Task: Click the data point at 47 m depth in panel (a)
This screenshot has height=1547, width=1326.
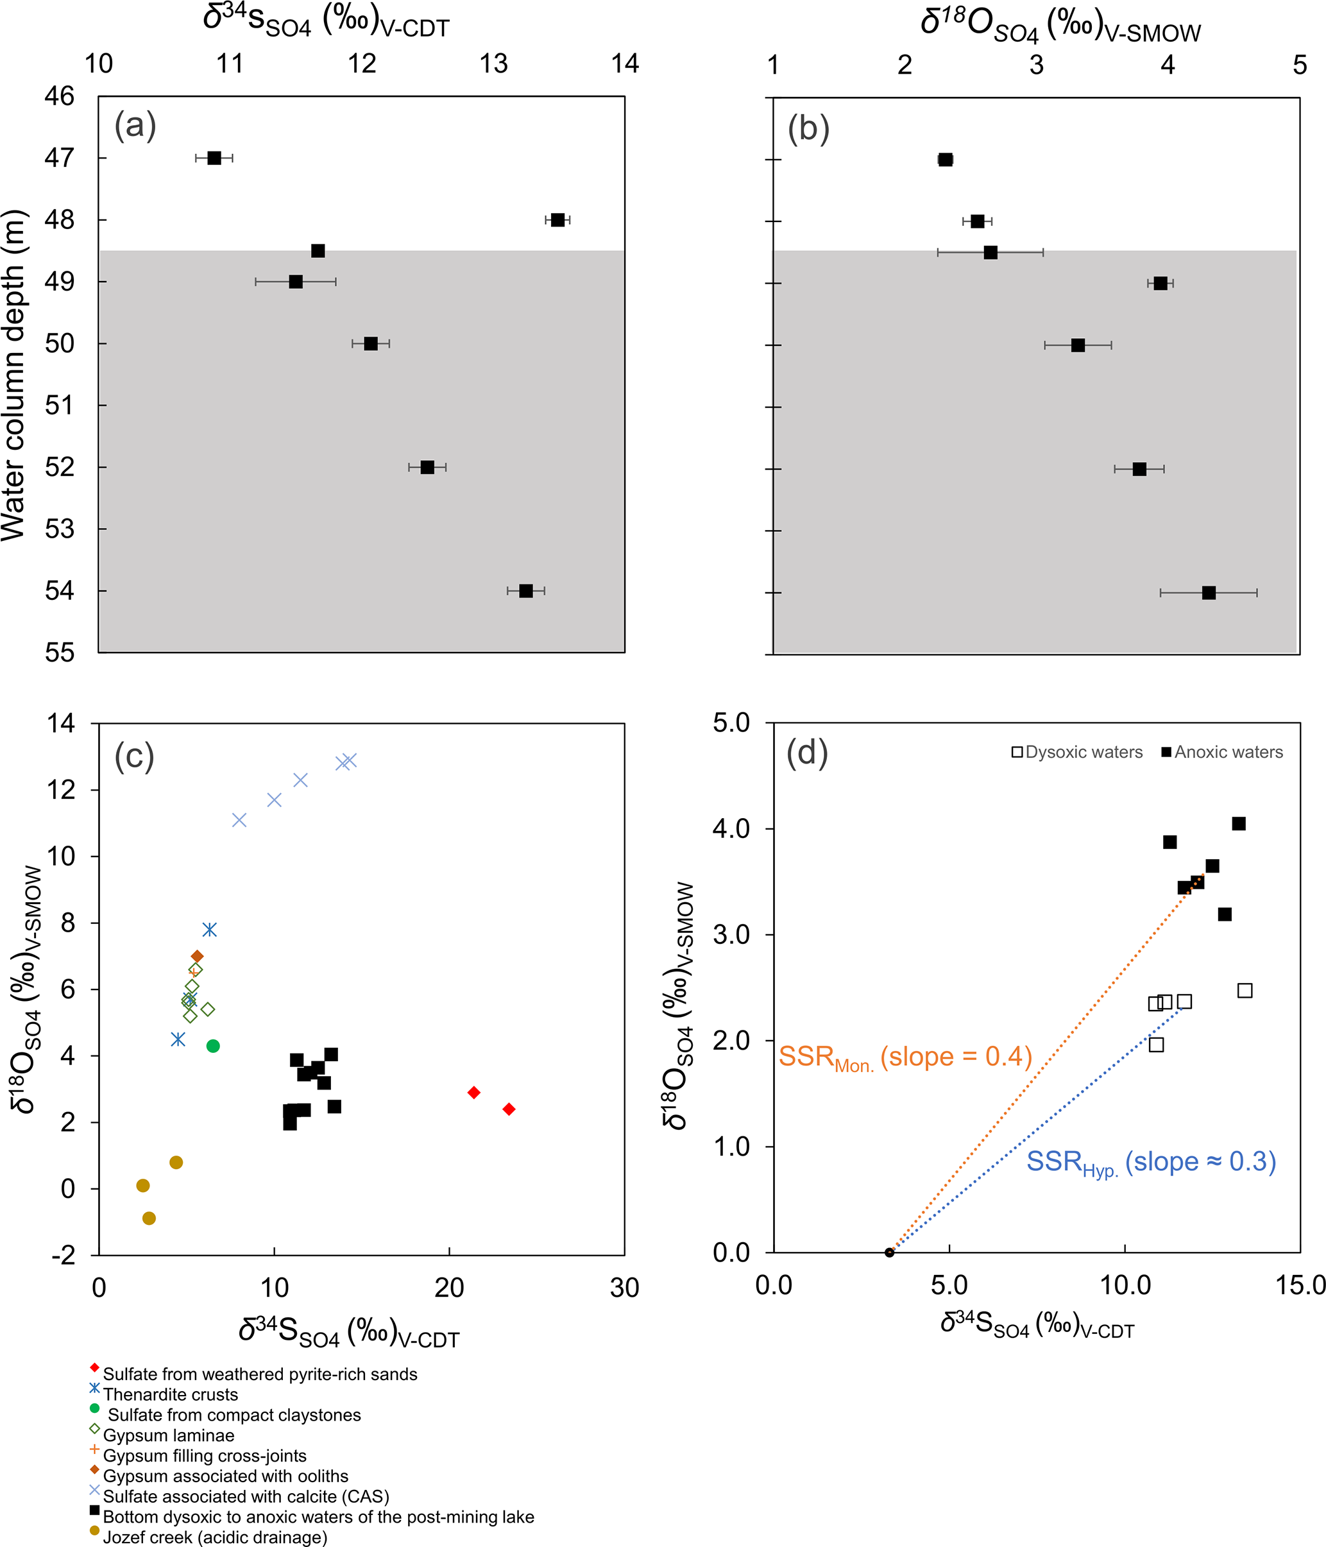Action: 214,158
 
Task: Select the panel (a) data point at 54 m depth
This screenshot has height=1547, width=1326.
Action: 525,590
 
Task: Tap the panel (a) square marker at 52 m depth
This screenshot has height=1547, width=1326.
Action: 427,467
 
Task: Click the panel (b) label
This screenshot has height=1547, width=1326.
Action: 808,129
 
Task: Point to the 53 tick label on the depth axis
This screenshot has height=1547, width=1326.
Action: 60,529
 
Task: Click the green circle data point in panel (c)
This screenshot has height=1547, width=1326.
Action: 213,1046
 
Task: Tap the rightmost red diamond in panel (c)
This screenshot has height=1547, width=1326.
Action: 509,1109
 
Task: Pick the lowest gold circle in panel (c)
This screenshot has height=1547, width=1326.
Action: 149,1218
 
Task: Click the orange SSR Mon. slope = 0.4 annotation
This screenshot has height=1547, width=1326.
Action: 905,1058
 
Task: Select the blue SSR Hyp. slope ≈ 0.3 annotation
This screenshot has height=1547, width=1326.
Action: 1150,1163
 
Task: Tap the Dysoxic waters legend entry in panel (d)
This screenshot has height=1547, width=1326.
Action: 1076,752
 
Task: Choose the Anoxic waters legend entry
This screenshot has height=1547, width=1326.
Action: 1222,752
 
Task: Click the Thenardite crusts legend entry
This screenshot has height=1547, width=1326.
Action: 170,1395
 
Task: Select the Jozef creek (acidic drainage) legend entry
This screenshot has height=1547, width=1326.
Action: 215,1538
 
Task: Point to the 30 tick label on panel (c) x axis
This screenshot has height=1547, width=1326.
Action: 624,1288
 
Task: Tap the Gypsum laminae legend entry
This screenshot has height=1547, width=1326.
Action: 168,1436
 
